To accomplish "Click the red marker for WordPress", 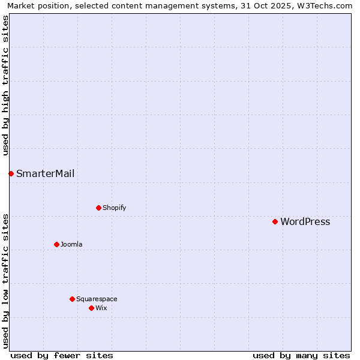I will (275, 221).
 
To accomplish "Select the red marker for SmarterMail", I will (11, 173).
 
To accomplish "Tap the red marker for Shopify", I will (98, 208).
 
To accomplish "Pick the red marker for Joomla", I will (56, 244).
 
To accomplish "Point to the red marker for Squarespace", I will (72, 299).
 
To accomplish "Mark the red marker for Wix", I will (91, 308).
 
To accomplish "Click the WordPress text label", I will (305, 222).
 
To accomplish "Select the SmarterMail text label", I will (45, 174).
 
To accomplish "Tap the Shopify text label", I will (114, 208).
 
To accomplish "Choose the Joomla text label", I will (71, 245).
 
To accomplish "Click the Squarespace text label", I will (97, 299).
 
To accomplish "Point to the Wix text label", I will (101, 308).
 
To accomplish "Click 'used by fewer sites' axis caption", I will (62, 355).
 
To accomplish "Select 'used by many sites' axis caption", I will (301, 355).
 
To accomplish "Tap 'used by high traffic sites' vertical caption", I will (5, 85).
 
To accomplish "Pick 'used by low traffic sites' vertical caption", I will (5, 281).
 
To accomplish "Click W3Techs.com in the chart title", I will (324, 5).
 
